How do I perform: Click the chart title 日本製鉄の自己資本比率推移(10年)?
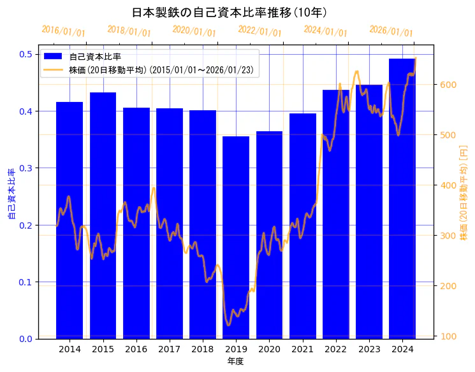click(230, 12)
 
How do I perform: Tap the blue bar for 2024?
click(402, 198)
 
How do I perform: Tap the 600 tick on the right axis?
click(448, 85)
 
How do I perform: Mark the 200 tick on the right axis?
click(448, 286)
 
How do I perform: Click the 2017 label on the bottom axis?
click(170, 349)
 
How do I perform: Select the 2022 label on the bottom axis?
click(336, 349)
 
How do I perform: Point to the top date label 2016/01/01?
click(63, 31)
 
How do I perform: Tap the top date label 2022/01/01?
click(259, 31)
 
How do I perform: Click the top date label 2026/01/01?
click(391, 31)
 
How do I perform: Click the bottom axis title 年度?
click(236, 361)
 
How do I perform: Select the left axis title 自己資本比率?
click(11, 194)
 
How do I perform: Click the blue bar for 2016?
click(136, 223)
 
